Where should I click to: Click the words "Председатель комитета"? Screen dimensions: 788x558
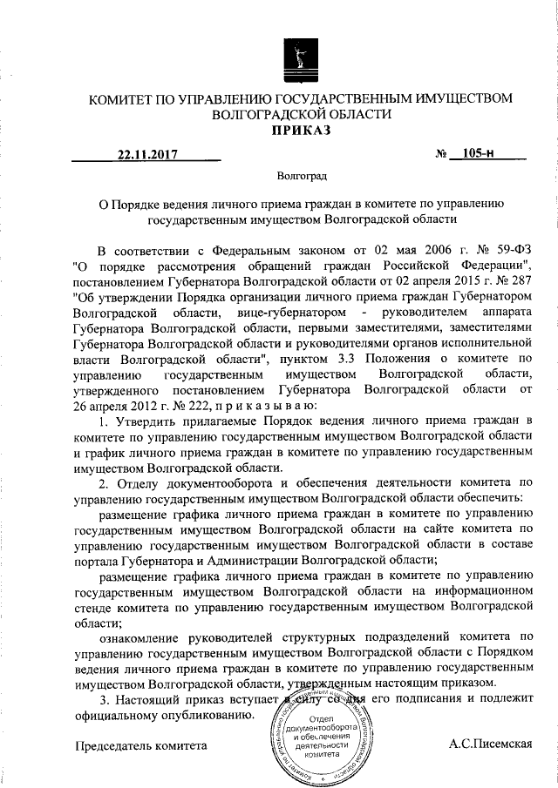(x=142, y=746)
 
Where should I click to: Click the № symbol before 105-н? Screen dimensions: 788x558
(x=441, y=155)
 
